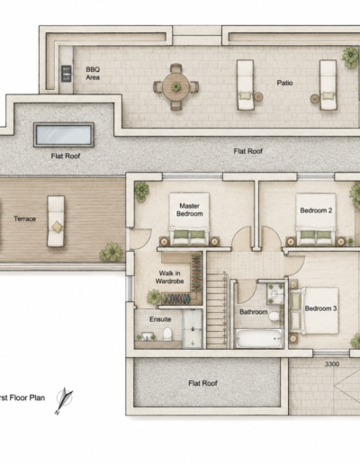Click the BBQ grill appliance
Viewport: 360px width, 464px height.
click(x=67, y=74)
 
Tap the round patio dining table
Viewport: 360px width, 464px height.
click(x=175, y=87)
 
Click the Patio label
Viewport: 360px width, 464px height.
click(x=284, y=83)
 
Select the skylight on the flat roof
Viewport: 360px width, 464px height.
click(x=64, y=135)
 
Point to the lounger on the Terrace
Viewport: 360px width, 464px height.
click(x=56, y=221)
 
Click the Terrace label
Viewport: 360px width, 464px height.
click(x=25, y=219)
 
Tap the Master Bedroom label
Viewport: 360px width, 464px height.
click(x=190, y=210)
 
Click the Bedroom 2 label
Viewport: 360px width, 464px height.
click(x=316, y=210)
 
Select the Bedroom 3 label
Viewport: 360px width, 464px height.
click(x=320, y=308)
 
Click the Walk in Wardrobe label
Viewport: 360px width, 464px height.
click(x=170, y=277)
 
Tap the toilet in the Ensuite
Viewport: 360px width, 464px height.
click(x=167, y=334)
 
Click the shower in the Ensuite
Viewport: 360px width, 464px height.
click(x=193, y=328)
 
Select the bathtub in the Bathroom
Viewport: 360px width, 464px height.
click(x=258, y=338)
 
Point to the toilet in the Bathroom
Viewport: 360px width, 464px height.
click(x=274, y=317)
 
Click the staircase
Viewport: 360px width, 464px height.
click(x=217, y=309)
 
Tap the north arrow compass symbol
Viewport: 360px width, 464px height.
click(x=64, y=400)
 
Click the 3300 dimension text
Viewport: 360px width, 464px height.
click(x=332, y=364)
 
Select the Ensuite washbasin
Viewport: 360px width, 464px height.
click(x=147, y=336)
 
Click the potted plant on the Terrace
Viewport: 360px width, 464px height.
click(x=112, y=252)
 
